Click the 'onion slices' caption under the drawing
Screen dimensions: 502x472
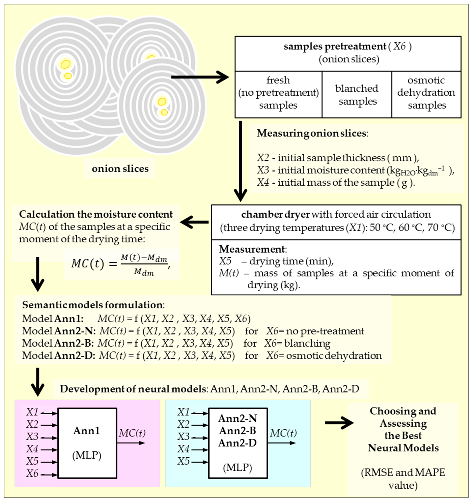coord(120,169)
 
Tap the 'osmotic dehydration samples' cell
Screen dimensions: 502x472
coord(426,93)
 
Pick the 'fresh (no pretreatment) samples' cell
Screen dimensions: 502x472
coord(278,93)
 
